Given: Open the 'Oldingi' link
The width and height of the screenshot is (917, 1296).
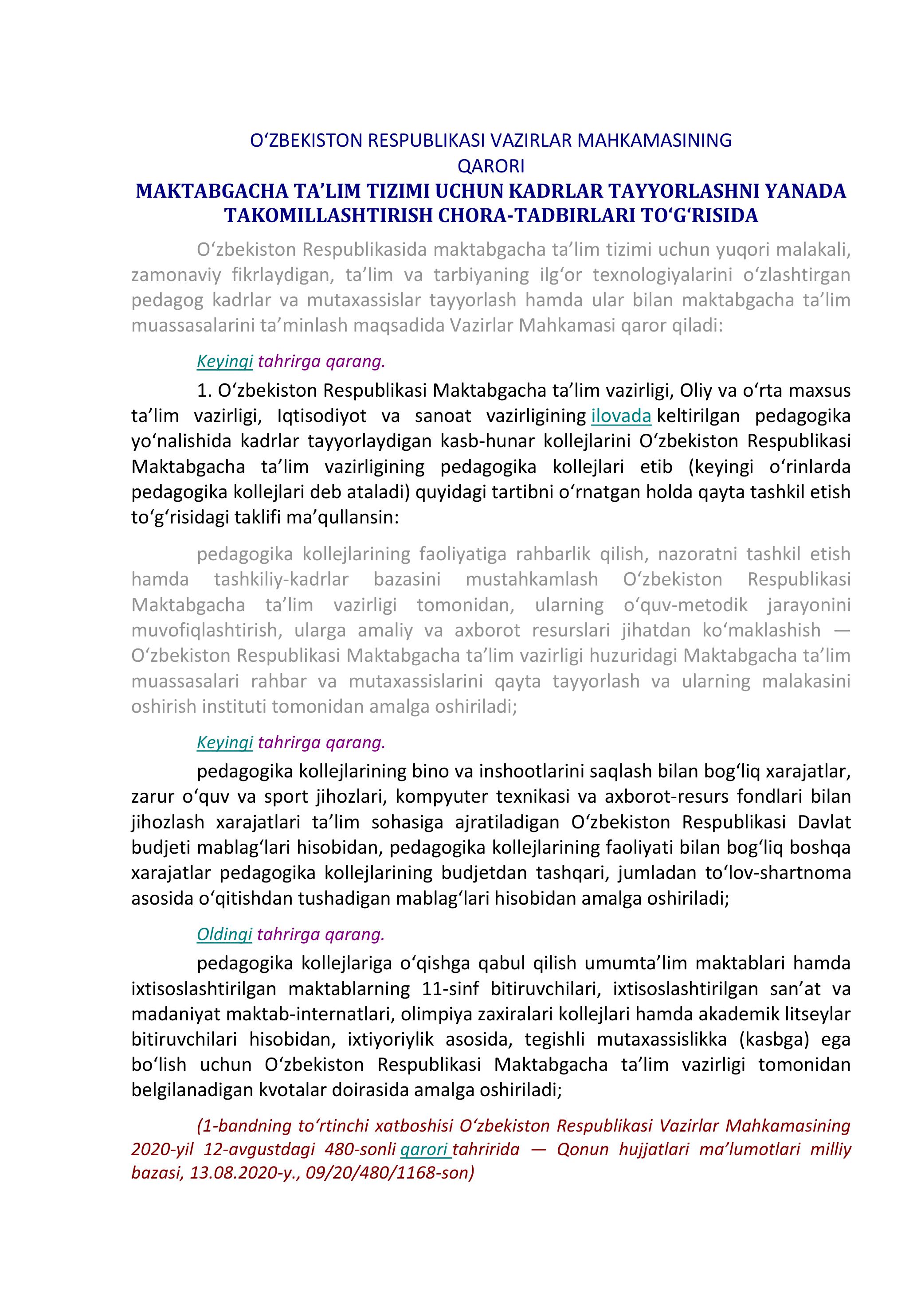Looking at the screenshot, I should tap(224, 935).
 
